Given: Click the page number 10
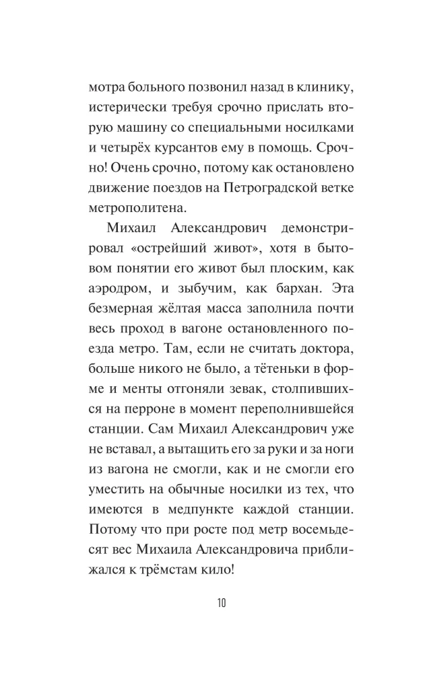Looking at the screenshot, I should point(222,602).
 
